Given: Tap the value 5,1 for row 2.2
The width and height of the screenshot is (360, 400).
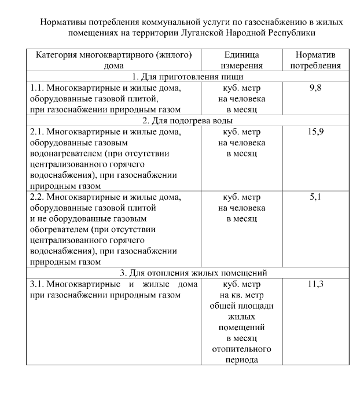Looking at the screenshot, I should tap(315, 197).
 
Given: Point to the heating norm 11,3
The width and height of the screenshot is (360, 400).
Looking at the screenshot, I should tap(315, 285).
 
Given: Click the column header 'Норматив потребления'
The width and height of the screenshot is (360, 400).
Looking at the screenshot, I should tap(315, 60).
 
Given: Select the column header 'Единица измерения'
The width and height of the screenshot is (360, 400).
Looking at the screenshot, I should tap(242, 60).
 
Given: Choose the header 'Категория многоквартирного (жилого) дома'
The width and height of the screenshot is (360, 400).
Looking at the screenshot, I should tap(114, 60).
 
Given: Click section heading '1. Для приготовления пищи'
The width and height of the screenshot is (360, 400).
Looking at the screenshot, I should tap(188, 77).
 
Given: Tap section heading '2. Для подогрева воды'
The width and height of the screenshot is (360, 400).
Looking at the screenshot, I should tap(188, 121).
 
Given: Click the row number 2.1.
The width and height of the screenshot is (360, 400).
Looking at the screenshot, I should tap(36, 132).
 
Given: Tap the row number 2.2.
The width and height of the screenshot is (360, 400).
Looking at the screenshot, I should tap(36, 197).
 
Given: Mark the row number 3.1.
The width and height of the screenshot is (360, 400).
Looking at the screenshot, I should tap(36, 285).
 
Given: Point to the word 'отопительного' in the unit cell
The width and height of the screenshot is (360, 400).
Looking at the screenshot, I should tap(242, 349).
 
